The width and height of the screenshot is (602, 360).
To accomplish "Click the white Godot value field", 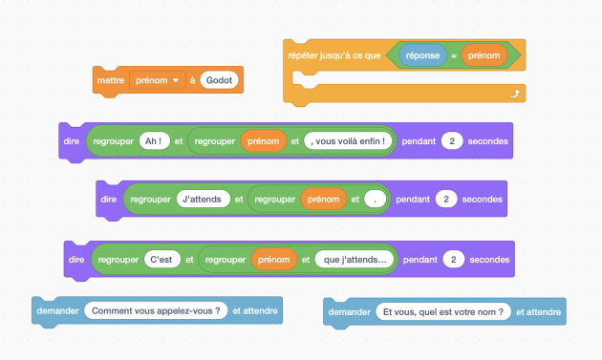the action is (x=219, y=80).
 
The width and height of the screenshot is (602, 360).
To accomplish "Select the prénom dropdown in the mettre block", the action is (x=158, y=80).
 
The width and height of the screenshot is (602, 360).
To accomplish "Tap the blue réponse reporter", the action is (x=422, y=55).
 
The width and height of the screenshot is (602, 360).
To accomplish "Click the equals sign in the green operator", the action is (x=454, y=55).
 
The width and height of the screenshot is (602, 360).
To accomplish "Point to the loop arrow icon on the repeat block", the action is (x=515, y=94).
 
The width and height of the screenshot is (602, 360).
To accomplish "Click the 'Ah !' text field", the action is (x=155, y=141).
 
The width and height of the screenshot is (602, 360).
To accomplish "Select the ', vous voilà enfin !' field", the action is (x=348, y=141).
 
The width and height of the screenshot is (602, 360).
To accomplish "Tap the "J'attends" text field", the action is (x=204, y=200).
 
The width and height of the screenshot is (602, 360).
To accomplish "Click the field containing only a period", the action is (x=376, y=200).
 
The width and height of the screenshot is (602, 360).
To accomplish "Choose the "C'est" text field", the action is (x=162, y=260).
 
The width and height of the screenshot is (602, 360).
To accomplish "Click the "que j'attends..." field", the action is (x=355, y=260).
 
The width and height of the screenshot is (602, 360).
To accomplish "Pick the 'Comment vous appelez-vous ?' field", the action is (x=156, y=311).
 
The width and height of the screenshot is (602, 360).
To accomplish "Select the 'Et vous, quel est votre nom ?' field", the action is (x=443, y=312).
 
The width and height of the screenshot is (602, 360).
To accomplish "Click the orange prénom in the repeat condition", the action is (x=484, y=55).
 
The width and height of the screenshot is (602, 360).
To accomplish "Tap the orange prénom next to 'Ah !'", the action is (x=264, y=141).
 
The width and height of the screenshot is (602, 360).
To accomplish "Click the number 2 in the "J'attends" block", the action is (x=446, y=200).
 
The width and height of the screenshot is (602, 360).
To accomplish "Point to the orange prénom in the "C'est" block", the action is (x=274, y=260).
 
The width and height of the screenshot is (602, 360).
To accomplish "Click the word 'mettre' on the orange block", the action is (x=111, y=80).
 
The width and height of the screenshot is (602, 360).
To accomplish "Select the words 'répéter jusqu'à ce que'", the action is (x=334, y=55).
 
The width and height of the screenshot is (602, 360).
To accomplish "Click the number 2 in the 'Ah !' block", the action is (x=452, y=141).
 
